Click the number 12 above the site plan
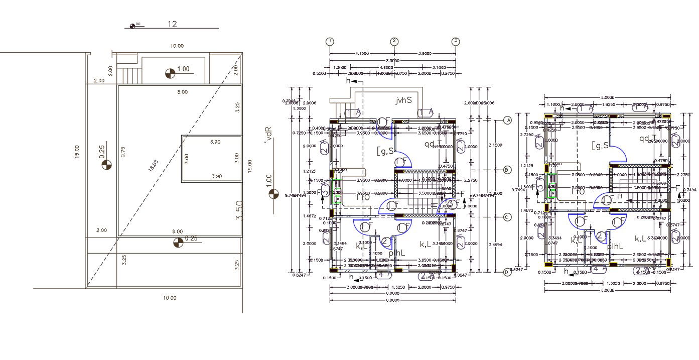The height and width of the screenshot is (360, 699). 173,24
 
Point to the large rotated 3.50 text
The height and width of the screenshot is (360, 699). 240,210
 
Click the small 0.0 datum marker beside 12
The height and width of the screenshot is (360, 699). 133,26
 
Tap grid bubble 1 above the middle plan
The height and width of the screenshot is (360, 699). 330,41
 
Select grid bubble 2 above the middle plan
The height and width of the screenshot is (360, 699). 394,41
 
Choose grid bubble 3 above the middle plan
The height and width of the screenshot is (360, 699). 456,41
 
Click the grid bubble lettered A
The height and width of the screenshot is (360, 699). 507,121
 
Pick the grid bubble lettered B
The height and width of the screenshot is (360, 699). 507,170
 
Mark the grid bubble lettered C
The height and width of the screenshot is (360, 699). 507,217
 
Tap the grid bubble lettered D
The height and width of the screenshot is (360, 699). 507,272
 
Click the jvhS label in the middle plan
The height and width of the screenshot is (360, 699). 403,100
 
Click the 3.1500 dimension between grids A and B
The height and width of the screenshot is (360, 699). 494,145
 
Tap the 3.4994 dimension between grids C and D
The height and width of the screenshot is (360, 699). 494,245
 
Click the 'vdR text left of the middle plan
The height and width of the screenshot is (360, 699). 269,135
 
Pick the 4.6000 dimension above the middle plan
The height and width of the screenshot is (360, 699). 385,67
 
